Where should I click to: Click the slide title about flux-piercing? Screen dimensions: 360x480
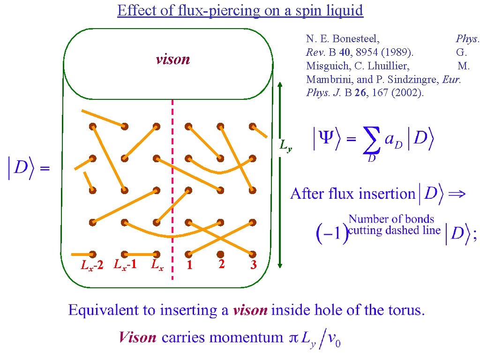[x=240, y=10]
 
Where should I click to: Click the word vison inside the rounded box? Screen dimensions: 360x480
[x=172, y=60]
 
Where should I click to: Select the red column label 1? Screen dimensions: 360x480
[x=189, y=266]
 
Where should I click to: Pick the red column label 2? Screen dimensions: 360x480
[x=221, y=264]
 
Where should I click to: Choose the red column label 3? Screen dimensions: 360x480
[x=253, y=266]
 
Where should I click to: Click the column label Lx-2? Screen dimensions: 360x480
[x=92, y=266]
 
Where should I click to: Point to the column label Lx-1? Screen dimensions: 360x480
[x=125, y=264]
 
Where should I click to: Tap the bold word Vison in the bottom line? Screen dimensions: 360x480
[x=137, y=337]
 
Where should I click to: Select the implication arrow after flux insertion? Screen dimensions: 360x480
[x=457, y=194]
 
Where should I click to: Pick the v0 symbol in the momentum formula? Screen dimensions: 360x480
[x=334, y=338]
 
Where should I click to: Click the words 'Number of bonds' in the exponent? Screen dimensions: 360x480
[x=391, y=219]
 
